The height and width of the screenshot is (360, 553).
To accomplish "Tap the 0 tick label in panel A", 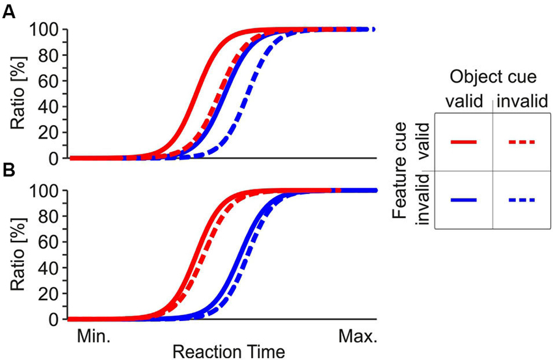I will tap(55, 158).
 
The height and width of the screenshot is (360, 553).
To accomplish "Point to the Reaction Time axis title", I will tap(228, 352).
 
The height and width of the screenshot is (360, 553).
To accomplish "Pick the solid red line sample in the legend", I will tap(463, 141).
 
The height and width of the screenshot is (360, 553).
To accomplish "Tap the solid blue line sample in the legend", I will tap(463, 200).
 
